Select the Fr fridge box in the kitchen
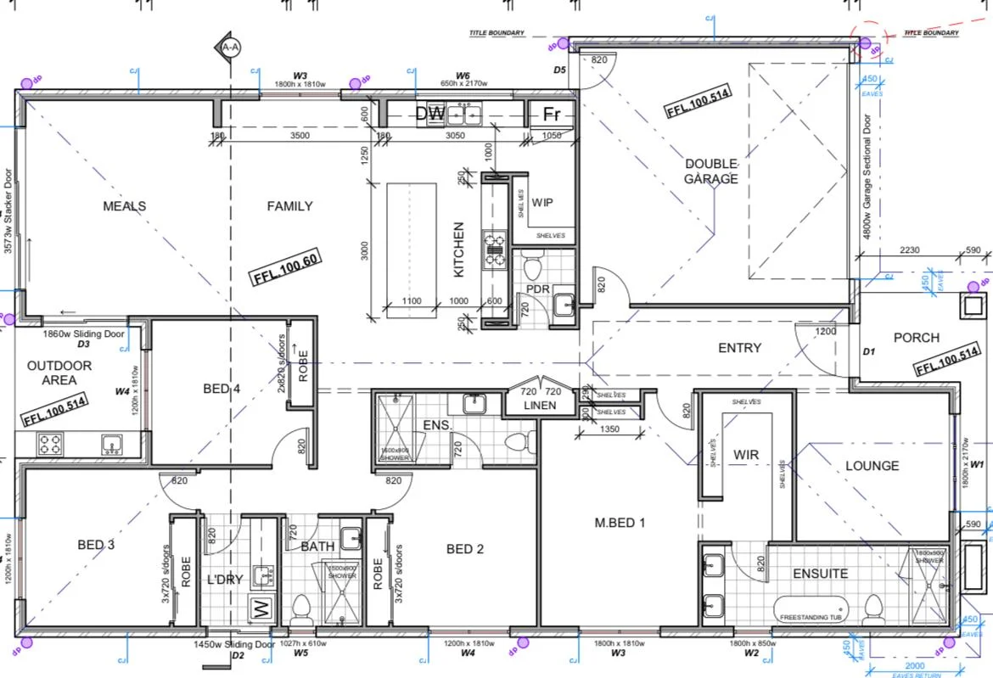(552, 114)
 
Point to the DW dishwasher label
(429, 113)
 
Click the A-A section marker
(229, 48)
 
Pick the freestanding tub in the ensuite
(810, 608)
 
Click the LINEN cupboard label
(540, 406)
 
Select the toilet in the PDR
(533, 269)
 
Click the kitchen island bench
(412, 243)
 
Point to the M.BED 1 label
(620, 522)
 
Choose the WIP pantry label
(542, 204)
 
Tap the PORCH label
(917, 338)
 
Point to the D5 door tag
(559, 70)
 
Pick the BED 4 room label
(222, 389)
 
